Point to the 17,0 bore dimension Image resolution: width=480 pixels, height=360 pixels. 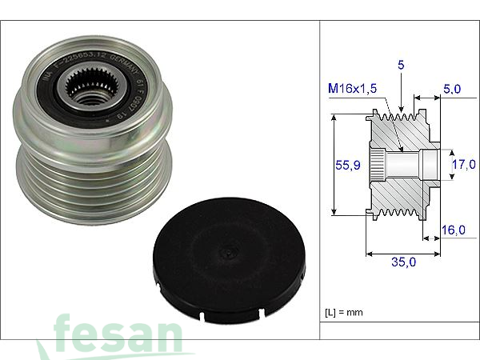pos(465,166)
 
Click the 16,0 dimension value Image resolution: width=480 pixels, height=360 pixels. pos(454,230)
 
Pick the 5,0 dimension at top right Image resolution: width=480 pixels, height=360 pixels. pos(453,90)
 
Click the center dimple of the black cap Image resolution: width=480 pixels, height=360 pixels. pos(229,255)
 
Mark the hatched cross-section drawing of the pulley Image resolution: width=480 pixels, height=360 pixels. pos(400,166)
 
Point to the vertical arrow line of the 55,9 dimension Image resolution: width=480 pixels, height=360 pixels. pos(332,166)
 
